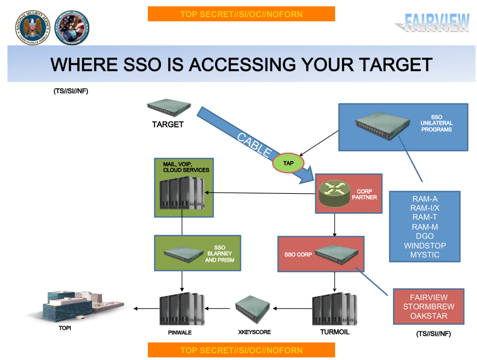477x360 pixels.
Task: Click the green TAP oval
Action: point(288,163)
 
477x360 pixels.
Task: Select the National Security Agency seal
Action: point(33,28)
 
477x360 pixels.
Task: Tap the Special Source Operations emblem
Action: point(72,28)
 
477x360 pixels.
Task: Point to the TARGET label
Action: point(168,125)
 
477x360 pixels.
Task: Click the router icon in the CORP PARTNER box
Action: point(334,193)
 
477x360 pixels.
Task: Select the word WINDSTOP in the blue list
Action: point(425,246)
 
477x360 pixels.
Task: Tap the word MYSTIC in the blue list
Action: point(425,255)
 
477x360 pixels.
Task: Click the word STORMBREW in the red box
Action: point(429,307)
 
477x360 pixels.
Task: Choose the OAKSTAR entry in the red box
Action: point(429,316)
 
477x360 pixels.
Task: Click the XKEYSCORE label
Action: point(254,332)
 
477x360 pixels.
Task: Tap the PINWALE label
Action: point(180,333)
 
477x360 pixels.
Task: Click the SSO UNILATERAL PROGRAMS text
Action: point(436,123)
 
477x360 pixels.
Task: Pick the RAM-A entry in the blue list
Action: point(425,199)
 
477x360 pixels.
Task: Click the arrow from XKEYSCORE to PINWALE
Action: point(217,308)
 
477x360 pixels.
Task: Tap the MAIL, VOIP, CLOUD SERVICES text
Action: point(186,167)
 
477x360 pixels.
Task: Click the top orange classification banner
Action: point(241,14)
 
